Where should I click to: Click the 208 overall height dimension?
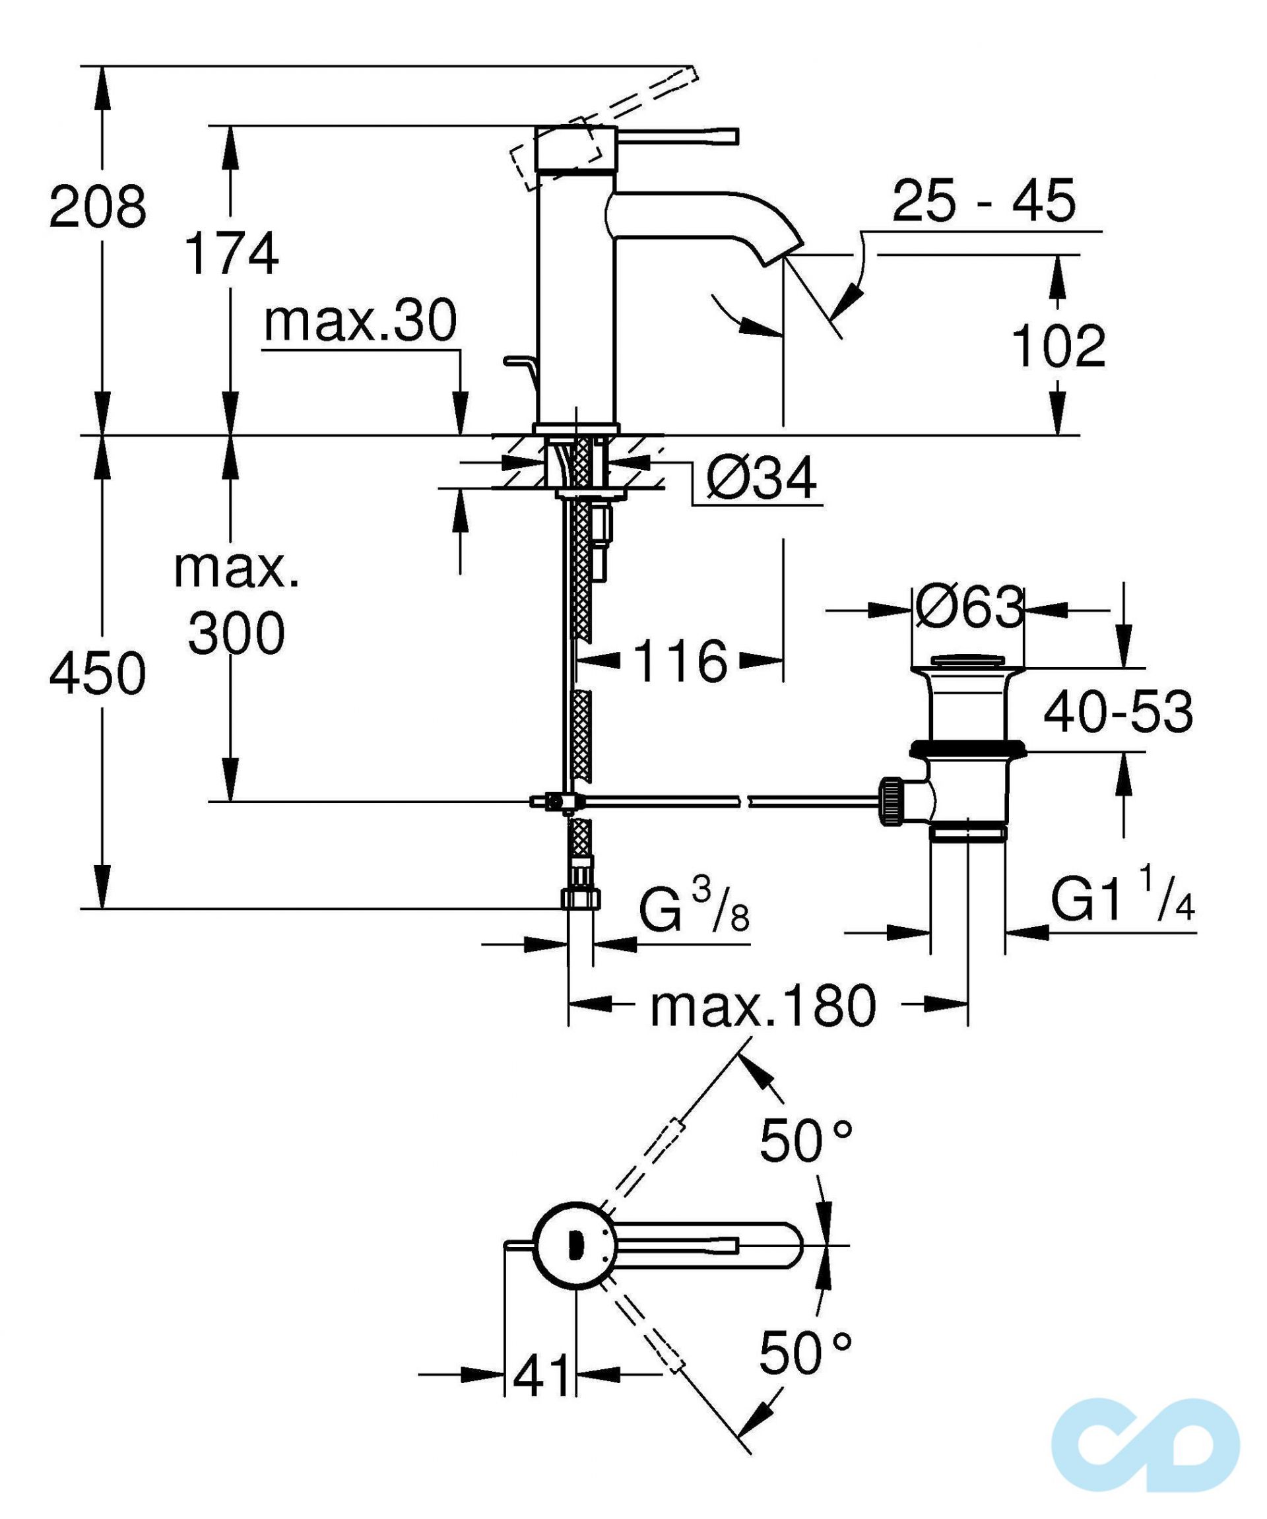98,207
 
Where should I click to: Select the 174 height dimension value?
232,254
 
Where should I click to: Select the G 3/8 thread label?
693,911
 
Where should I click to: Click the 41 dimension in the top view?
541,1376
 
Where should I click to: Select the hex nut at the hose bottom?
581,899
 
